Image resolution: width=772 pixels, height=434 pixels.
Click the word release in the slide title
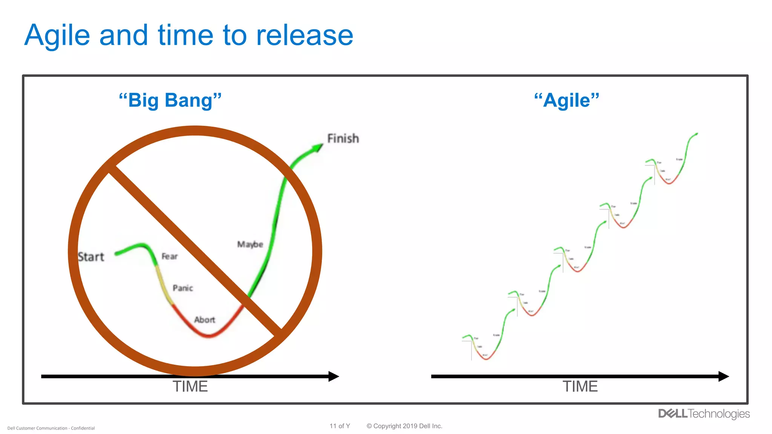tap(305, 36)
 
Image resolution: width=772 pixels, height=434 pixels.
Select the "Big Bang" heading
tap(170, 100)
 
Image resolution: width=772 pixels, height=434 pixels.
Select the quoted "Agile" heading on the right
tap(567, 100)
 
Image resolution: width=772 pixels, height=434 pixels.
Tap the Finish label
tap(343, 139)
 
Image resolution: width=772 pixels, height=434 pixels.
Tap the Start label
tap(91, 257)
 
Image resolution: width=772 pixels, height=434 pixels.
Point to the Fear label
tap(169, 257)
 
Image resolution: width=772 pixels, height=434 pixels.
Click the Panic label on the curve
tap(183, 288)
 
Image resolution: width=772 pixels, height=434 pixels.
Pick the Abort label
tap(204, 320)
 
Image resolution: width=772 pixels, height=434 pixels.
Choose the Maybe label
tap(250, 245)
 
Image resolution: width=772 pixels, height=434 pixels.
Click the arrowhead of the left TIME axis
tap(334, 376)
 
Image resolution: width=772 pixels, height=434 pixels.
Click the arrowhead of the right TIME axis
tap(723, 376)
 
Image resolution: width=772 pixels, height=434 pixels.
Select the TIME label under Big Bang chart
tap(190, 387)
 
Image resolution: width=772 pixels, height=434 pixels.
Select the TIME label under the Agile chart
tap(580, 387)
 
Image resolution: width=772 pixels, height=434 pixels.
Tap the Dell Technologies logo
tap(704, 414)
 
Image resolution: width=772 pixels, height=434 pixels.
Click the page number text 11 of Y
tap(340, 426)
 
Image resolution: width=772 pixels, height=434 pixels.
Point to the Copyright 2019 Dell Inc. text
tap(404, 426)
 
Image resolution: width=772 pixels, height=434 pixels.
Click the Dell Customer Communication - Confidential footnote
tap(51, 428)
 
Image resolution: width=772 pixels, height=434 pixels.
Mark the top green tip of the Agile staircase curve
tap(696, 134)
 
